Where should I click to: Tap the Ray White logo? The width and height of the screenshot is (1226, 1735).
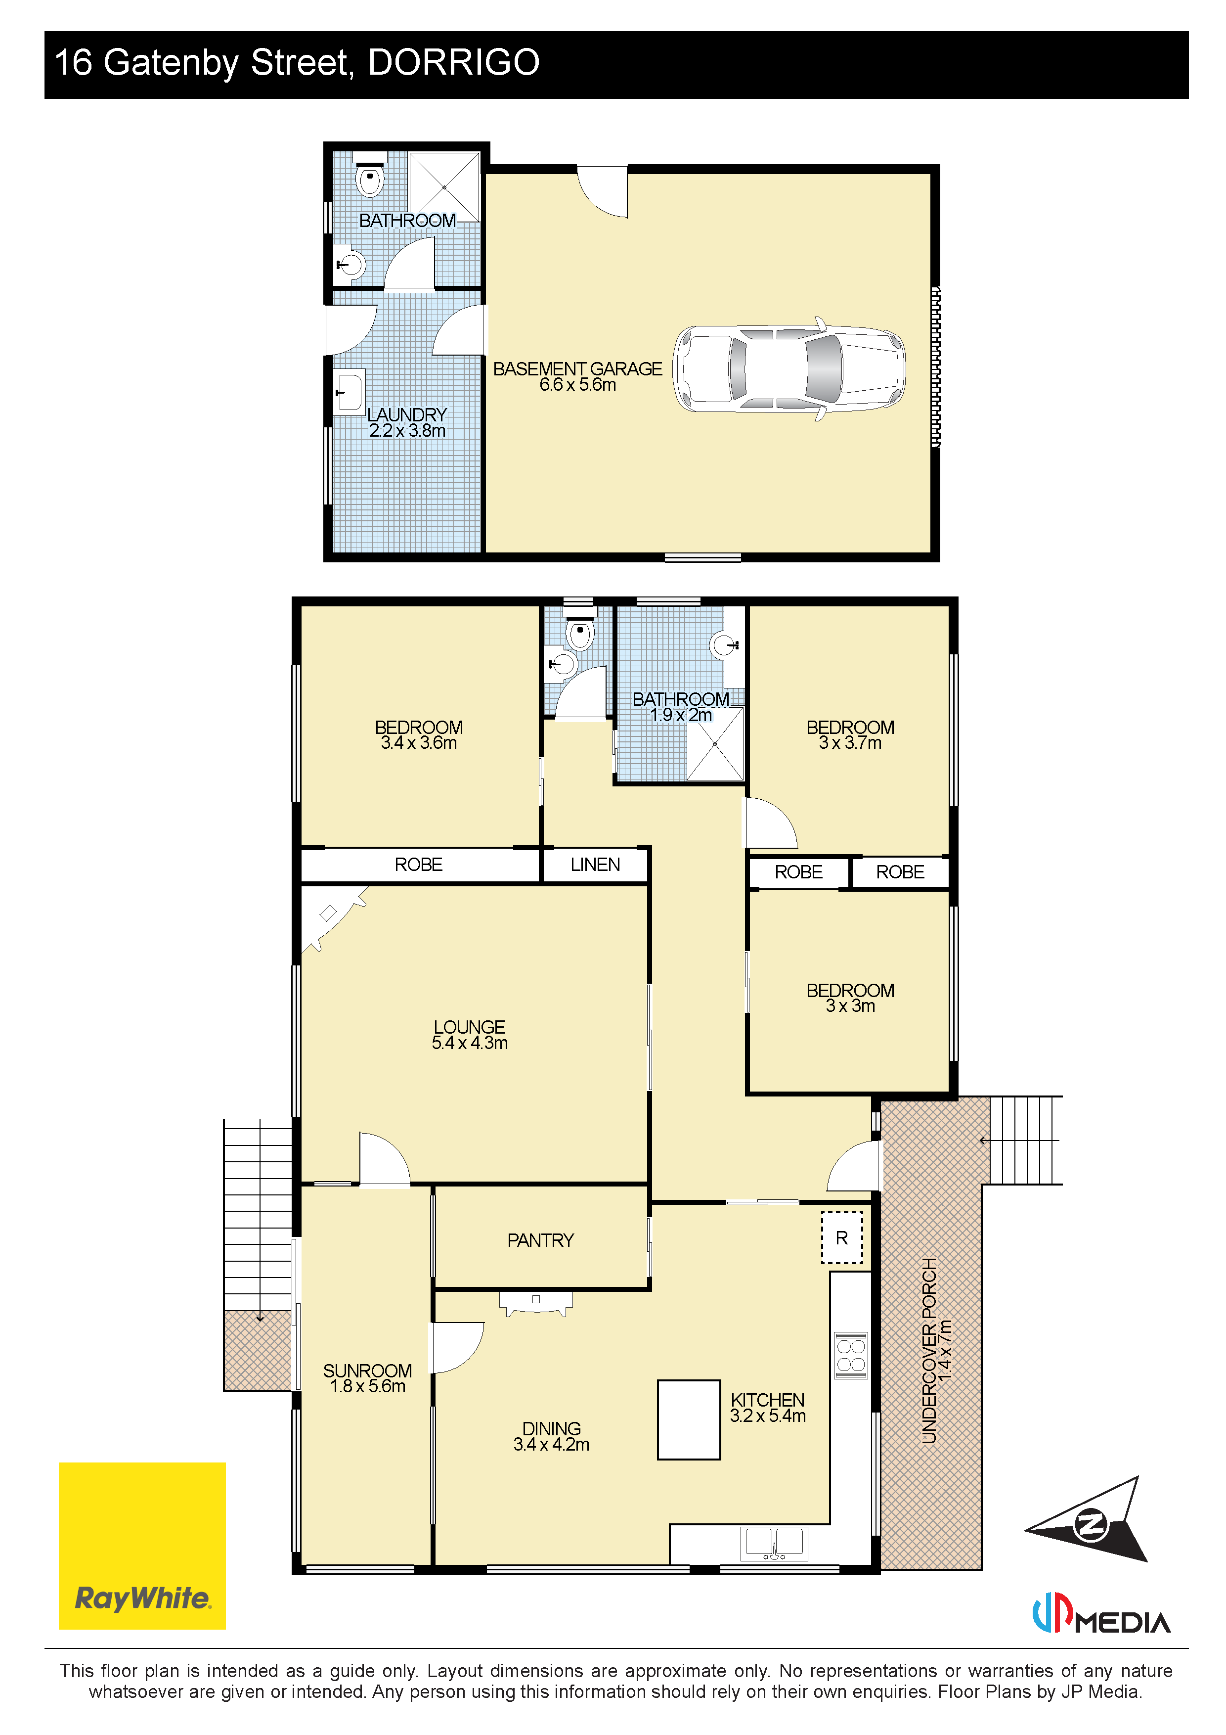pos(142,1546)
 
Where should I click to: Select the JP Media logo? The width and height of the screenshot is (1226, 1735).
pos(1101,1612)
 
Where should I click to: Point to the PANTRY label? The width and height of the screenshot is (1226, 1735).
pos(540,1240)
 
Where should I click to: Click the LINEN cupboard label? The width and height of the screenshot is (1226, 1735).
pos(595,865)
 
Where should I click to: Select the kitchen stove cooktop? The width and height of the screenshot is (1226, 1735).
pos(851,1355)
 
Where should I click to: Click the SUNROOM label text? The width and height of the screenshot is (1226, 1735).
pos(368,1371)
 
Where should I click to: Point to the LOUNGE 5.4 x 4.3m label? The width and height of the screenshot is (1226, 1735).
pos(469,1035)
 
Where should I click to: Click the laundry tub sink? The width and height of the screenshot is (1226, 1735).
pos(349,391)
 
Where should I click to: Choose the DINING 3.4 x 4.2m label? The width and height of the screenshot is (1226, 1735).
pos(551,1436)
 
